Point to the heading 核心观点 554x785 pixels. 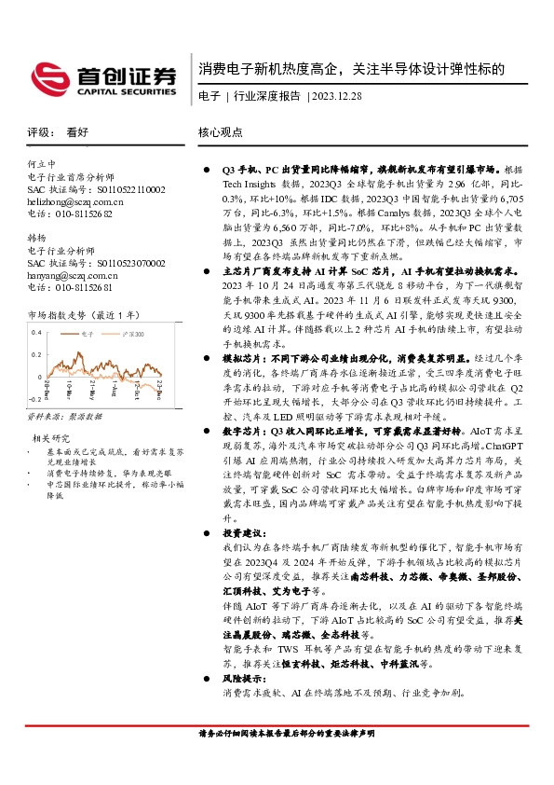click(x=222, y=132)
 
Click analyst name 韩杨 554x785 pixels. click(x=37, y=238)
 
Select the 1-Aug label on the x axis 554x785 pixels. click(x=110, y=420)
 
